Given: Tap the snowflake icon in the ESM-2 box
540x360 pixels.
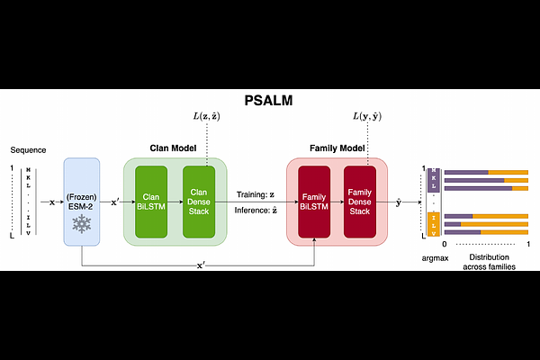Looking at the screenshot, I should point(81,223).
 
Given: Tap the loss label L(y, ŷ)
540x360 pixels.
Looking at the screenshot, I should point(369,118).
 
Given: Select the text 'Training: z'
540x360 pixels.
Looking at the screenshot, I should point(256,193).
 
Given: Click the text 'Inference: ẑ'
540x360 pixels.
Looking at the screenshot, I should point(256,210).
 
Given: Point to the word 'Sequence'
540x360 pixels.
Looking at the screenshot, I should point(28,149).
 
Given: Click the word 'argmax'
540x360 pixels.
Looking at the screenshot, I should point(436,257).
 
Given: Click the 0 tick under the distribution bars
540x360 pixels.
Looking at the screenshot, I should point(445,245).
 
